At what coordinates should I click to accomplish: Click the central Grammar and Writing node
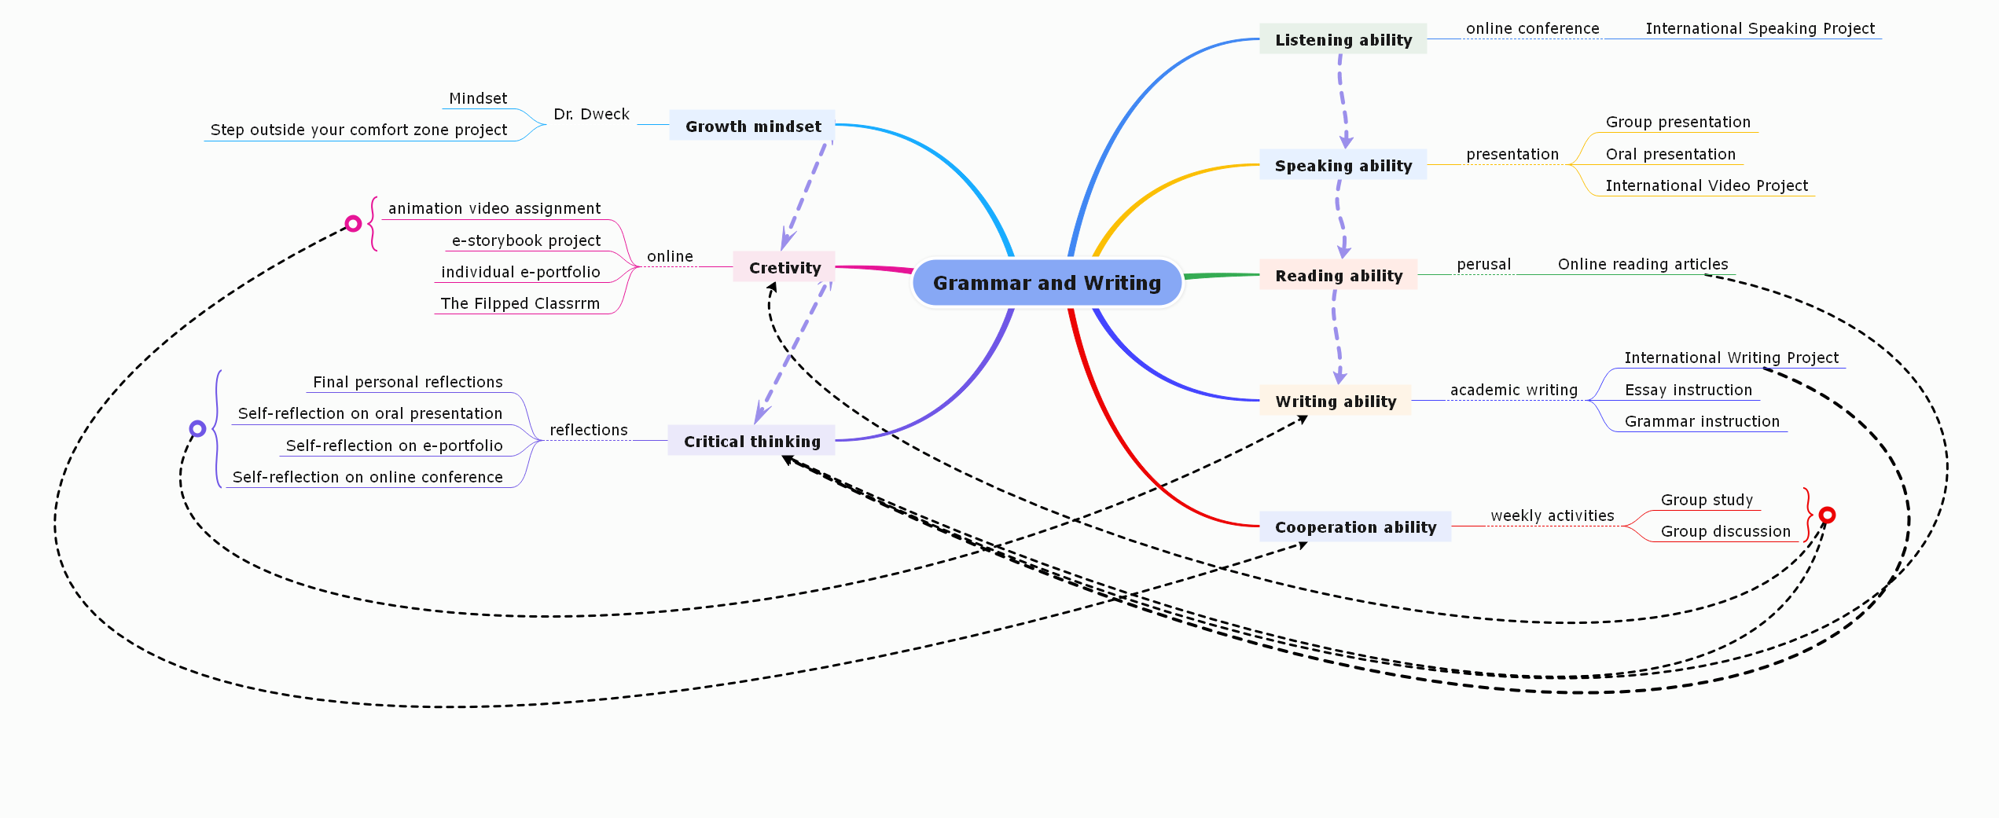tap(1047, 283)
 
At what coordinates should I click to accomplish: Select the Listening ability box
tap(1343, 39)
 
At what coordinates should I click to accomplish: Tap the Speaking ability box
tap(1343, 165)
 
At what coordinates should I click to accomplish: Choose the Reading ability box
tap(1338, 275)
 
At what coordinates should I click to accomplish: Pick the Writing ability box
tap(1336, 401)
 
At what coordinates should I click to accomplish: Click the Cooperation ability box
tap(1355, 526)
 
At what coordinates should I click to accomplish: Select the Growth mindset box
tap(752, 126)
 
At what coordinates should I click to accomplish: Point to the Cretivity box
tap(784, 267)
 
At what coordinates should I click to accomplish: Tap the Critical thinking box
tap(751, 441)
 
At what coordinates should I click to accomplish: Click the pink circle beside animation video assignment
tap(354, 224)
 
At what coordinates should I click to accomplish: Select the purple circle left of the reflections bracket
tap(198, 428)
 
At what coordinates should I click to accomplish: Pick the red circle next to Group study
tap(1828, 515)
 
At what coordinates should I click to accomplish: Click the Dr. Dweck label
tap(591, 114)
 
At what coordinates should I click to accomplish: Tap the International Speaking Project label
tap(1760, 28)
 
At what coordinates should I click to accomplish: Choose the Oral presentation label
tap(1670, 154)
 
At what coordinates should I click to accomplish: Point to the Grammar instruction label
tap(1702, 421)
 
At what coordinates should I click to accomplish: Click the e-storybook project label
tap(526, 240)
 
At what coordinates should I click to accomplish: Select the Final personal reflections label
tap(407, 382)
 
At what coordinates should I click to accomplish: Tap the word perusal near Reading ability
tap(1483, 264)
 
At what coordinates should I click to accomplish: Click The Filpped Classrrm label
tap(520, 303)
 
